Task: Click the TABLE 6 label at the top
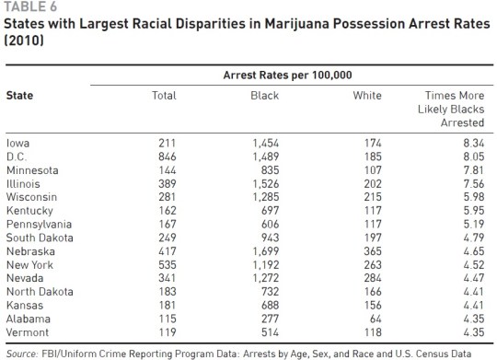28,7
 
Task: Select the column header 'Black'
264,96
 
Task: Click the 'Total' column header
164,96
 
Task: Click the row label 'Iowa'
17,143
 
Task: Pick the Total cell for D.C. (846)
166,157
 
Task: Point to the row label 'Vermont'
26,331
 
